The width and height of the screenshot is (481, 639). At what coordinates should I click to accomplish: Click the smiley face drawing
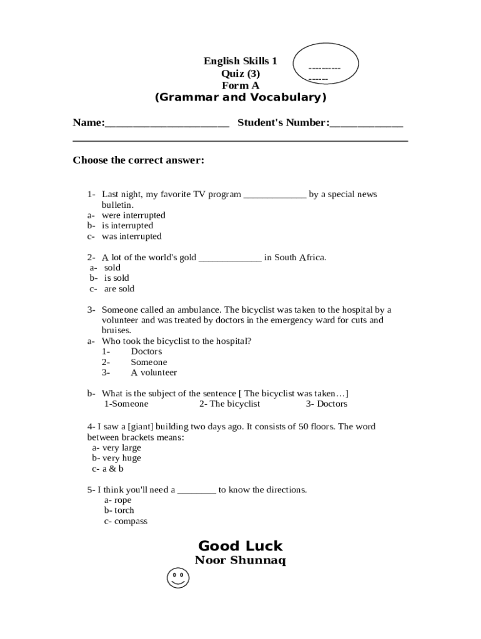(x=178, y=578)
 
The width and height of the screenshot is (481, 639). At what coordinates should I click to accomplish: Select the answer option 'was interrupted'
(x=131, y=237)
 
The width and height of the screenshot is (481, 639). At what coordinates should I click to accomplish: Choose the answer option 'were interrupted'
(x=133, y=215)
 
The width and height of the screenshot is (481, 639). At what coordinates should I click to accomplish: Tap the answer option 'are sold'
(x=119, y=289)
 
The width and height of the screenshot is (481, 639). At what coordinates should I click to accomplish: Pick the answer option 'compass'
(x=131, y=521)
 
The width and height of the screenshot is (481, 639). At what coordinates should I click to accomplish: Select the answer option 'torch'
(x=124, y=510)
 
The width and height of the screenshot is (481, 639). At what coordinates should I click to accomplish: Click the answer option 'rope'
(x=122, y=500)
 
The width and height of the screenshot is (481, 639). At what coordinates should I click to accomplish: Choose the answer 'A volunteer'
(x=154, y=373)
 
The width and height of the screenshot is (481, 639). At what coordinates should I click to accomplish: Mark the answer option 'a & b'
(x=112, y=469)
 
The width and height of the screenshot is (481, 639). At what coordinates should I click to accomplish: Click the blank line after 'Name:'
(x=167, y=124)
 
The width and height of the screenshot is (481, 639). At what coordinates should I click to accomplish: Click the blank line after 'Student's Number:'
(x=366, y=124)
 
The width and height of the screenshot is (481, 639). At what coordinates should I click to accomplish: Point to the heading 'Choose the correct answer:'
(x=138, y=160)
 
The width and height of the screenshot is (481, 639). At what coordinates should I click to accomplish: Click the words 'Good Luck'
(x=240, y=546)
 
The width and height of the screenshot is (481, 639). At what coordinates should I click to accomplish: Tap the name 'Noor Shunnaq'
(x=240, y=560)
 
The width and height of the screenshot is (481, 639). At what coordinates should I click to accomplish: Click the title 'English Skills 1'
(x=240, y=61)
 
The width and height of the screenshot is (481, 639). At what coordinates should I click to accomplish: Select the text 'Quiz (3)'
(x=240, y=74)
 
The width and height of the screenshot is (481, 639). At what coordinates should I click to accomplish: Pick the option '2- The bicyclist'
(x=229, y=404)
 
